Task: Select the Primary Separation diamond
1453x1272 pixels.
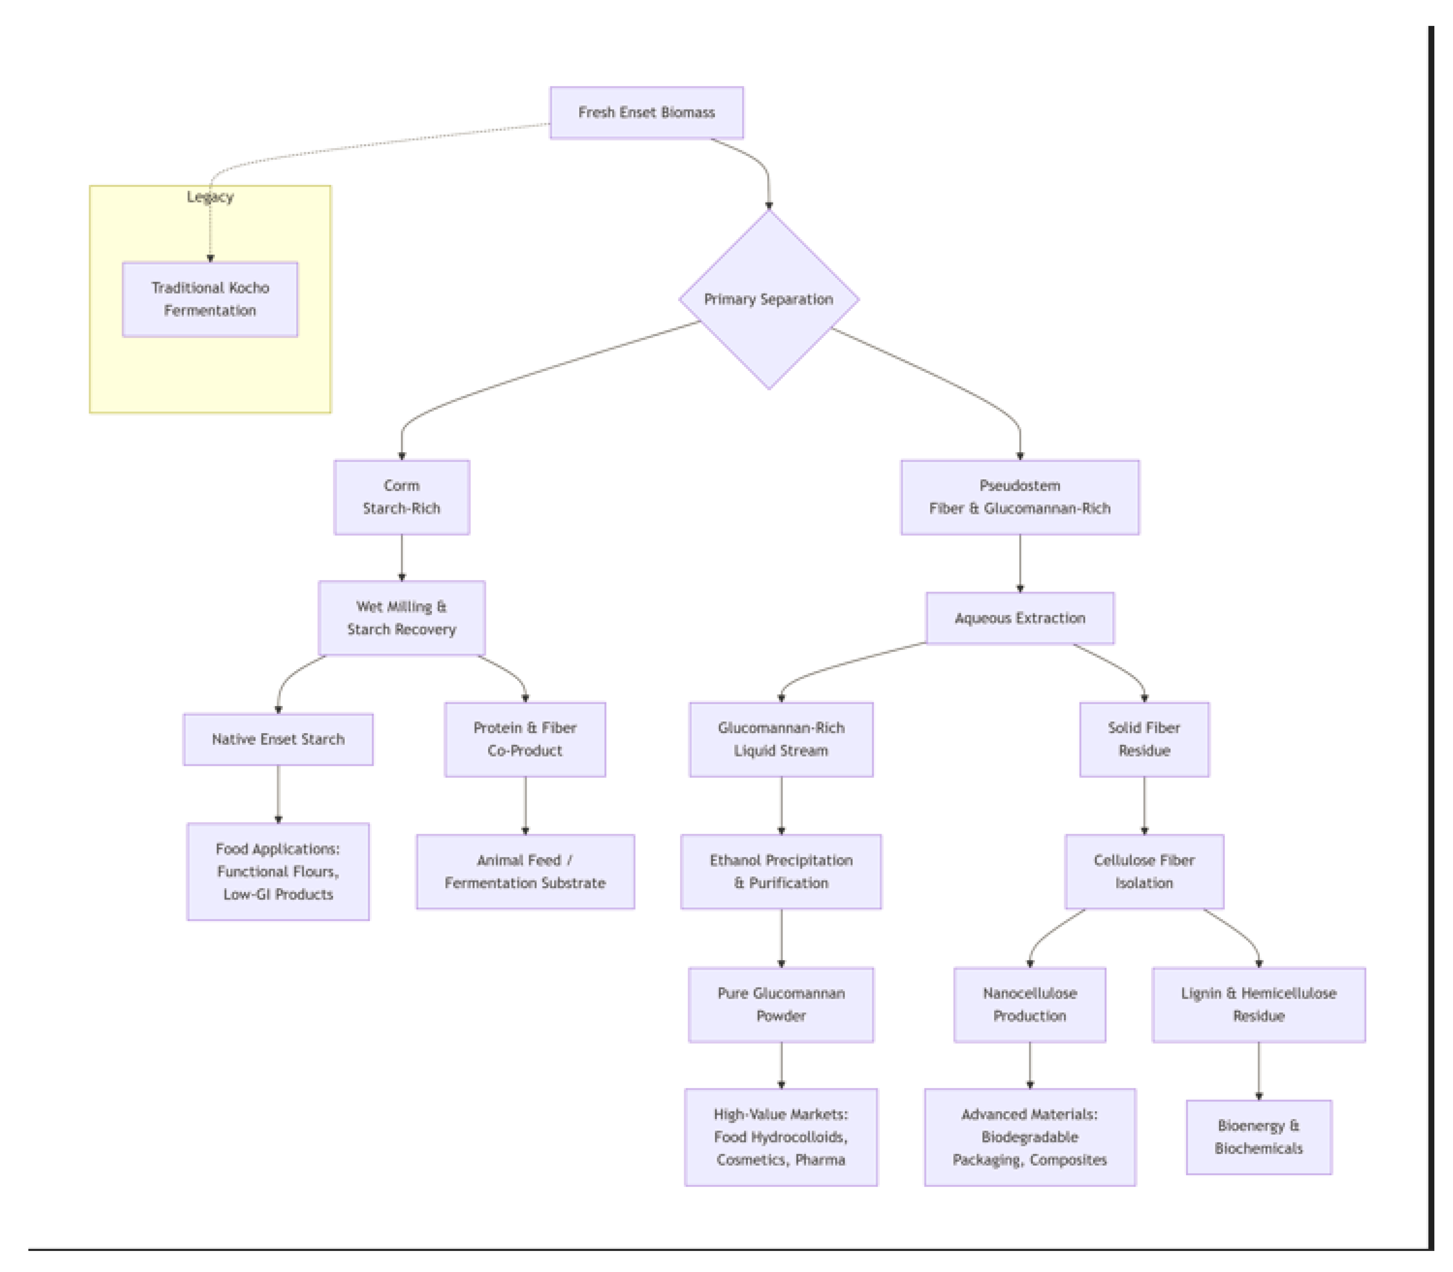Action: click(x=768, y=299)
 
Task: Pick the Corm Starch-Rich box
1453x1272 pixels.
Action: click(x=401, y=497)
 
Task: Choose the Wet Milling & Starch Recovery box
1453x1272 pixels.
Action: click(x=401, y=617)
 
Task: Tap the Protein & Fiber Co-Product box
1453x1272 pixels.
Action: click(x=525, y=739)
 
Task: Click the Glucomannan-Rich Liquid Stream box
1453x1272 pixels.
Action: click(x=781, y=739)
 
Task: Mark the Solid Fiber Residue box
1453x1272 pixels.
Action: click(x=1144, y=739)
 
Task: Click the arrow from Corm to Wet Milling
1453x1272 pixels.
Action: click(x=401, y=557)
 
